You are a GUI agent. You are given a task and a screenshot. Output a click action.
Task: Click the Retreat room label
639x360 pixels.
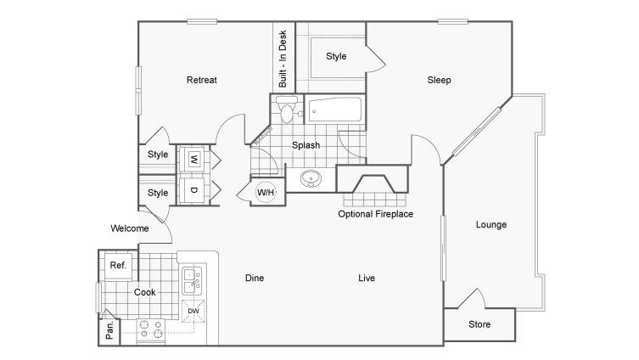pyautogui.click(x=202, y=80)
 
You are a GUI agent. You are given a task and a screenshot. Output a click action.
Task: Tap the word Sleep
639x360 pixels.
pyautogui.click(x=439, y=80)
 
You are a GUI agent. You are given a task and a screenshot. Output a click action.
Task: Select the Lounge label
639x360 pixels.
pyautogui.click(x=491, y=225)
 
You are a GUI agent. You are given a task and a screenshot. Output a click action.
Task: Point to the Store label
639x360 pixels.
pyautogui.click(x=479, y=324)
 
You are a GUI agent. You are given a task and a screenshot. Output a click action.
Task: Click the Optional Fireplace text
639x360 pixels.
pyautogui.click(x=375, y=214)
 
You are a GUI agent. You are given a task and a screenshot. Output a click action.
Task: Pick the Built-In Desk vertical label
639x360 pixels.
pyautogui.click(x=283, y=59)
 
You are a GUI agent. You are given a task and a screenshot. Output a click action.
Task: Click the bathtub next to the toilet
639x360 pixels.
pyautogui.click(x=334, y=110)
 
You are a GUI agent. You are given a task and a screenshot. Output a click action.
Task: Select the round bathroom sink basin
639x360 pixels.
pyautogui.click(x=311, y=178)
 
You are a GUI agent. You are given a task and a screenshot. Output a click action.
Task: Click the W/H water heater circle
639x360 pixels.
pyautogui.click(x=266, y=192)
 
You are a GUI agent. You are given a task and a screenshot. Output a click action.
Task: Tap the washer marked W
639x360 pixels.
pyautogui.click(x=194, y=159)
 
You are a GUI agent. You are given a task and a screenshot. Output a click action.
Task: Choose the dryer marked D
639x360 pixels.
pyautogui.click(x=194, y=190)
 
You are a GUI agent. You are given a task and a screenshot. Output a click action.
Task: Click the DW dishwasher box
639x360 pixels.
pyautogui.click(x=193, y=311)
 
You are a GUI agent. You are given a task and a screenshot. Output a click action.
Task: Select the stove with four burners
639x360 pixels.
pyautogui.click(x=151, y=329)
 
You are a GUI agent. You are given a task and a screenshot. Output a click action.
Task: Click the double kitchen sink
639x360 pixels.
pyautogui.click(x=192, y=281)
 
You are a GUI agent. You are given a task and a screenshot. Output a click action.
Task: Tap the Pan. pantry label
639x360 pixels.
pyautogui.click(x=109, y=330)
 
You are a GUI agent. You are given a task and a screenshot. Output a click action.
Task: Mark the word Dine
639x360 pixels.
pyautogui.click(x=255, y=278)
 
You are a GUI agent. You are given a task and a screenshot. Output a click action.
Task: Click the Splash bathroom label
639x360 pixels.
pyautogui.click(x=305, y=145)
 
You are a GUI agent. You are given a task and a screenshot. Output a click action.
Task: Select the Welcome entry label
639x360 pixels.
pyautogui.click(x=130, y=228)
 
